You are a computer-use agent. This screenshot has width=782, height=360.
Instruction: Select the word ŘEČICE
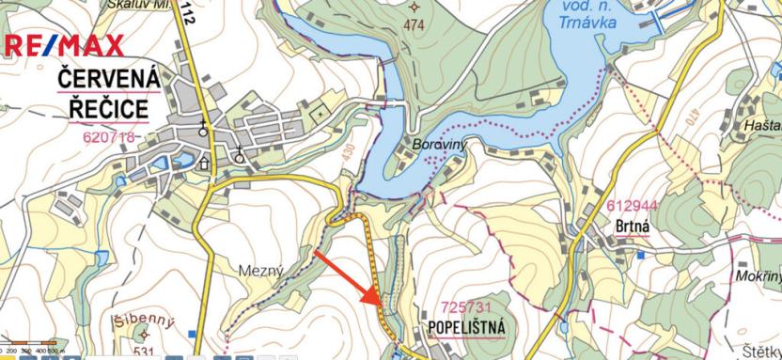coord(109,109)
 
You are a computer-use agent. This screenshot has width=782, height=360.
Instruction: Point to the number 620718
coord(108,137)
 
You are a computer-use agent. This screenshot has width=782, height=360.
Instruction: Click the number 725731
coord(467,307)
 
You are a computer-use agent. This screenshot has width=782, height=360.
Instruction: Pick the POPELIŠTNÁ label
coord(467,328)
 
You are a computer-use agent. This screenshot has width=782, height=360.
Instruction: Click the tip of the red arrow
coord(378,303)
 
